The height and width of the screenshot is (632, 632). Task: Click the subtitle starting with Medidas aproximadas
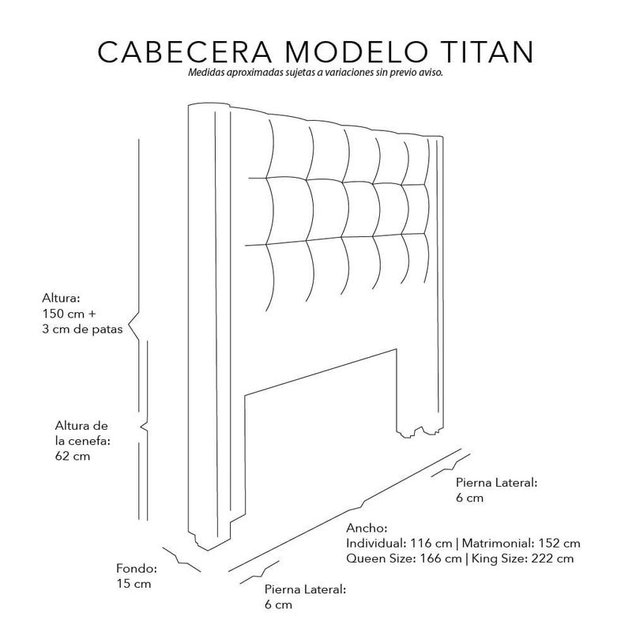(315, 73)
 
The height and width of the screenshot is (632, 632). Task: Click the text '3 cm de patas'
(82, 329)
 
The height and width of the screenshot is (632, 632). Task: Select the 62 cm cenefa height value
(73, 457)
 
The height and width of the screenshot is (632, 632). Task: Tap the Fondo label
(137, 568)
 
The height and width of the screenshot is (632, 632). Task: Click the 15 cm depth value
(134, 584)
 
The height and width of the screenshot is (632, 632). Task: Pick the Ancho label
(367, 528)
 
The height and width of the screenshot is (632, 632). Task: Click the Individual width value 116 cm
(431, 544)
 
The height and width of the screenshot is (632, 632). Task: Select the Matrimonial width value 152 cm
(559, 544)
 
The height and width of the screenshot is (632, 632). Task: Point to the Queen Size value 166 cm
(441, 559)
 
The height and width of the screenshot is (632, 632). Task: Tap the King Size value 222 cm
(552, 559)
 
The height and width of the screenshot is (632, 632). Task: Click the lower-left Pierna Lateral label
(306, 589)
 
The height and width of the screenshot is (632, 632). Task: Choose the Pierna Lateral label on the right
(497, 483)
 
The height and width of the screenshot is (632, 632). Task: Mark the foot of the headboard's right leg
(419, 432)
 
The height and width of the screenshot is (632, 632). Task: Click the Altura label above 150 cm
(62, 299)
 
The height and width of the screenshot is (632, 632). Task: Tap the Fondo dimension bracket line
(182, 559)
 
